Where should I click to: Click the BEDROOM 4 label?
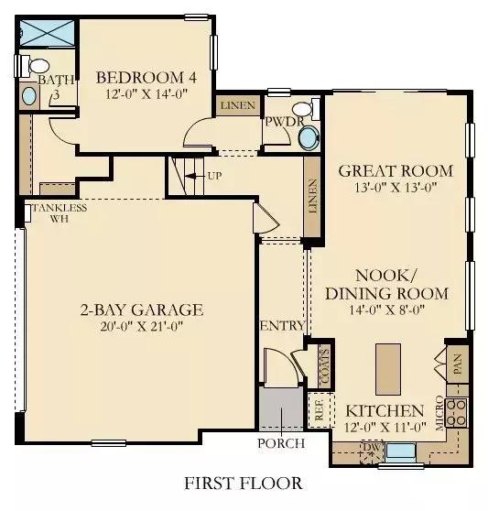tap(146, 78)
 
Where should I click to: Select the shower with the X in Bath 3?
tap(48, 33)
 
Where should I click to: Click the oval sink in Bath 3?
tap(29, 96)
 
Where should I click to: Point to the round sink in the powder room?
tap(309, 138)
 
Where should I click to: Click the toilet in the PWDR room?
tap(306, 108)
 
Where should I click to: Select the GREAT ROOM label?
tap(396, 170)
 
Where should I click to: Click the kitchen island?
tap(388, 369)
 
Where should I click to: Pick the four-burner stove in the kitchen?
tap(456, 413)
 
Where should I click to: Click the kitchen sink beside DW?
tap(400, 451)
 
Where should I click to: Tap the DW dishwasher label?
tap(372, 448)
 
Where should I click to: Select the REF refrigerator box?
tap(320, 409)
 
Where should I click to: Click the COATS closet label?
tap(325, 366)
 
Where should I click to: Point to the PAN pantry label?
tap(458, 364)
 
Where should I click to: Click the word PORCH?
tap(281, 443)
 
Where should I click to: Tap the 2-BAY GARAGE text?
tap(142, 310)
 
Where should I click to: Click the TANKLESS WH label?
tap(60, 212)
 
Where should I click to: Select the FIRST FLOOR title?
tap(244, 483)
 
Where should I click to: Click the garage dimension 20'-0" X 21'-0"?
tap(142, 326)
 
